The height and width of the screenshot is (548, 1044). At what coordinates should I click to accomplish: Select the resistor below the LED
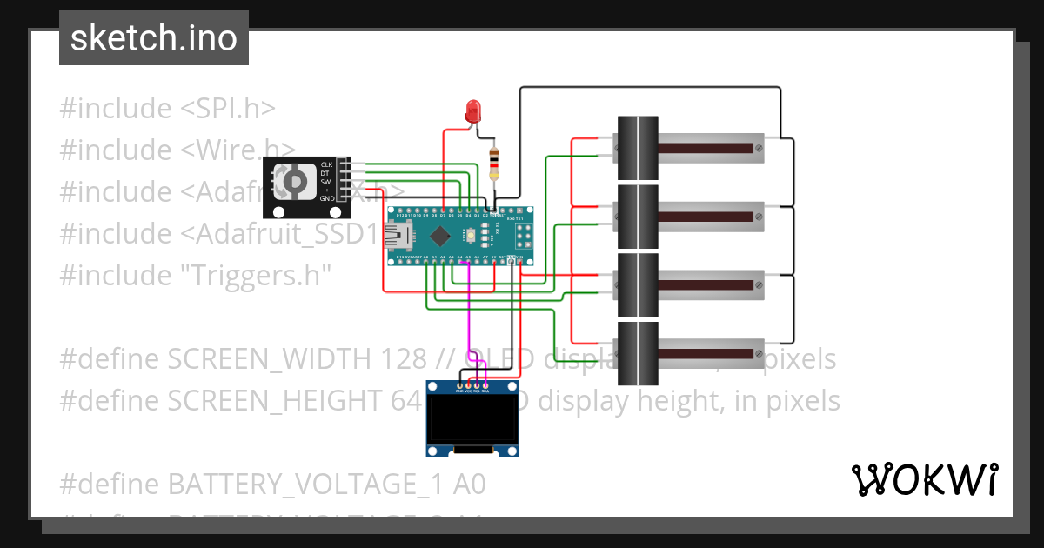(x=494, y=162)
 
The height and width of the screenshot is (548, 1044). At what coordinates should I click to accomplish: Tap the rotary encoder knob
(x=295, y=180)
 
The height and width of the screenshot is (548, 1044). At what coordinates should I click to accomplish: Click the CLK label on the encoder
(x=326, y=164)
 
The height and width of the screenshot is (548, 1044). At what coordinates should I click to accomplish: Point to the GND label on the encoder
(x=326, y=199)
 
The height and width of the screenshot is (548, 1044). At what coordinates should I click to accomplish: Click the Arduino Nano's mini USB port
(x=402, y=235)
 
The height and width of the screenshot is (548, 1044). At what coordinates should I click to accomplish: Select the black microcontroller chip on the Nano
(x=440, y=235)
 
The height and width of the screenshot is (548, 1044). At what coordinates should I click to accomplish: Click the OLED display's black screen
(x=472, y=421)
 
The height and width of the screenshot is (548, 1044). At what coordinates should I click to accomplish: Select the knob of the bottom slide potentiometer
(x=638, y=353)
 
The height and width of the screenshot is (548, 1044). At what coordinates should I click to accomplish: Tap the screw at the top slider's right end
(x=759, y=149)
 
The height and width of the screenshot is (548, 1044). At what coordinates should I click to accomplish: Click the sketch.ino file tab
(x=154, y=38)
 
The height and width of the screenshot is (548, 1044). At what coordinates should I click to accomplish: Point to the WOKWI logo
(x=924, y=479)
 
